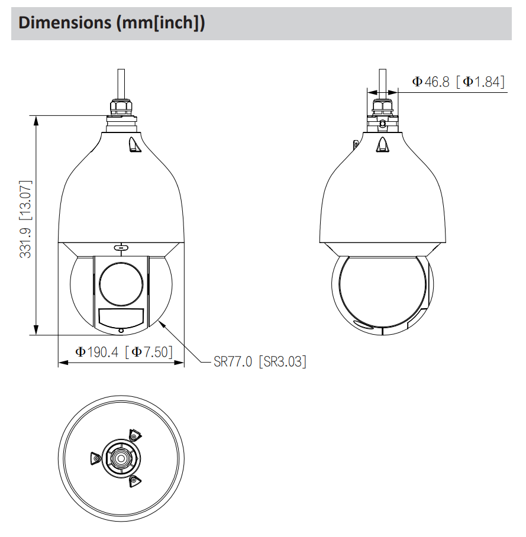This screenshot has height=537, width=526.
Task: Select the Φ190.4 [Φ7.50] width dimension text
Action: pos(124,352)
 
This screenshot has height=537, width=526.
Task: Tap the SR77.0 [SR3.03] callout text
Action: pos(260,361)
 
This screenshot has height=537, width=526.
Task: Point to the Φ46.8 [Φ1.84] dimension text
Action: pos(459,82)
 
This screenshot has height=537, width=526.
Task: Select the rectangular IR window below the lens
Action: pos(121,318)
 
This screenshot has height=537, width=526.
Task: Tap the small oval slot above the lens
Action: pos(121,247)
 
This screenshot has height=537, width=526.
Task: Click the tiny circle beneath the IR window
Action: pos(121,330)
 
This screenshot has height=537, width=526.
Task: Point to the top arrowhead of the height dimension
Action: pos(37,119)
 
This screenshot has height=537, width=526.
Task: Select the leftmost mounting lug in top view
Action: pos(95,458)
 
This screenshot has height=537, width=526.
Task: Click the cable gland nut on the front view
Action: pos(121,107)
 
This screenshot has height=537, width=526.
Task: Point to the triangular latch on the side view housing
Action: pos(382,144)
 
